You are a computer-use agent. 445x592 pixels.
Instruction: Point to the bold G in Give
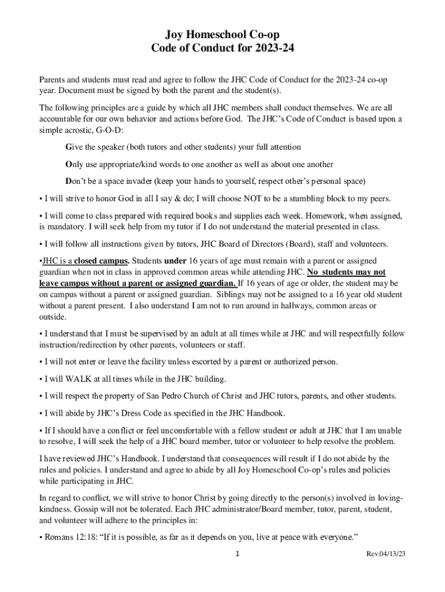pyautogui.click(x=69, y=147)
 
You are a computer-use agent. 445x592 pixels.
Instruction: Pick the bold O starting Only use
pyautogui.click(x=69, y=164)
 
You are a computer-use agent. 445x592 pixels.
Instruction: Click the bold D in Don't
pyautogui.click(x=69, y=181)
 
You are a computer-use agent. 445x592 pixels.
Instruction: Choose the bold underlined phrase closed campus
pyautogui.click(x=96, y=260)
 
